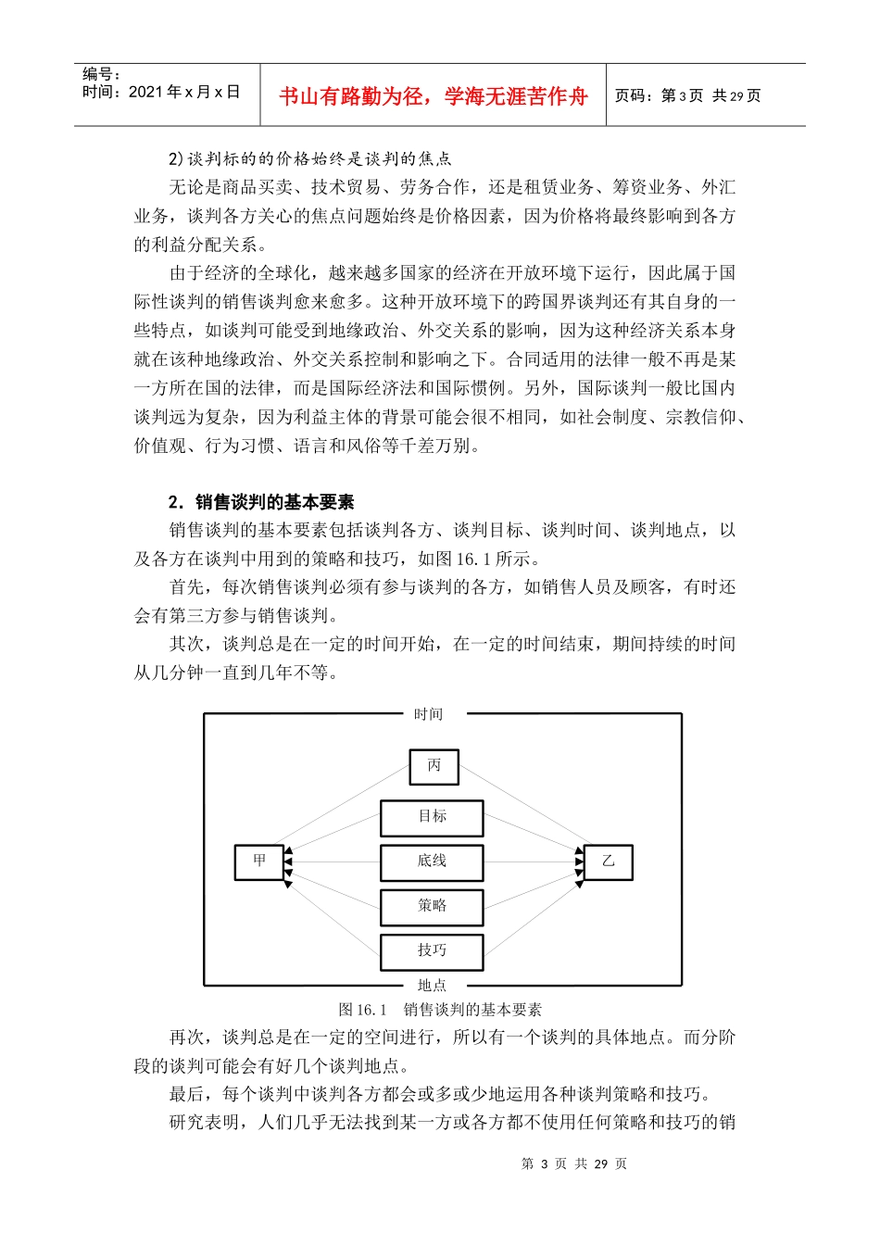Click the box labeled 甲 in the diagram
pyautogui.click(x=259, y=861)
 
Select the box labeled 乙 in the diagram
pyautogui.click(x=608, y=861)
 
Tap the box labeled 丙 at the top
pyautogui.click(x=434, y=766)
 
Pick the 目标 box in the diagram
pyautogui.click(x=432, y=817)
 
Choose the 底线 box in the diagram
pyautogui.click(x=432, y=861)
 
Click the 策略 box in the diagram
pyautogui.click(x=432, y=906)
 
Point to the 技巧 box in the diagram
pyautogui.click(x=432, y=950)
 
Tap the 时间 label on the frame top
pyautogui.click(x=428, y=714)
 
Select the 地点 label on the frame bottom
pyautogui.click(x=432, y=986)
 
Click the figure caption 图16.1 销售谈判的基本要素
pyautogui.click(x=440, y=1010)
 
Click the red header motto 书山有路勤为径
pyautogui.click(x=434, y=96)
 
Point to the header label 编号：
pyautogui.click(x=101, y=74)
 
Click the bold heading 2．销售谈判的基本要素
pyautogui.click(x=261, y=502)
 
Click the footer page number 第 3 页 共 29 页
pyautogui.click(x=574, y=1163)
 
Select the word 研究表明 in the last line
pyautogui.click(x=204, y=1123)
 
